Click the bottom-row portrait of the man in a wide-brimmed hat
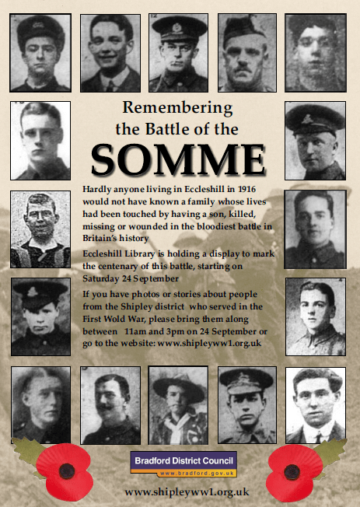179,405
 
